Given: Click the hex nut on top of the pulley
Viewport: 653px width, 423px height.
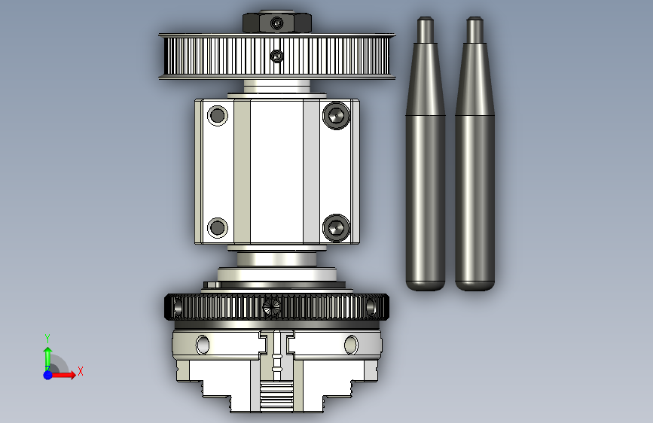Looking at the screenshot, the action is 277,23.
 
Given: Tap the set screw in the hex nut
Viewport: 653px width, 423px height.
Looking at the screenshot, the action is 277,23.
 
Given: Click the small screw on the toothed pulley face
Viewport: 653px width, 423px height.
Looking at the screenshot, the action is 276,56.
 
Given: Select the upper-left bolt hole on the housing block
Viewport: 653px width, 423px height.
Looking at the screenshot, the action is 218,115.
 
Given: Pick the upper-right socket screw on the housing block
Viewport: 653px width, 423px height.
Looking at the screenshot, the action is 336,115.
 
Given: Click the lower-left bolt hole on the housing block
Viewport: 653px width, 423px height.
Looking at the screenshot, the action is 218,228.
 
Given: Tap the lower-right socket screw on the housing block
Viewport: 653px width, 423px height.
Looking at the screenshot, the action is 336,228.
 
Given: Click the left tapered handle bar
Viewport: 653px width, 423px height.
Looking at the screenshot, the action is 426,154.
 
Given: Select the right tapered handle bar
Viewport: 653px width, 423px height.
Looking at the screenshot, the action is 474,154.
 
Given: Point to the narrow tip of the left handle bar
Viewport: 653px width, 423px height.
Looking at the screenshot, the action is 426,18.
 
